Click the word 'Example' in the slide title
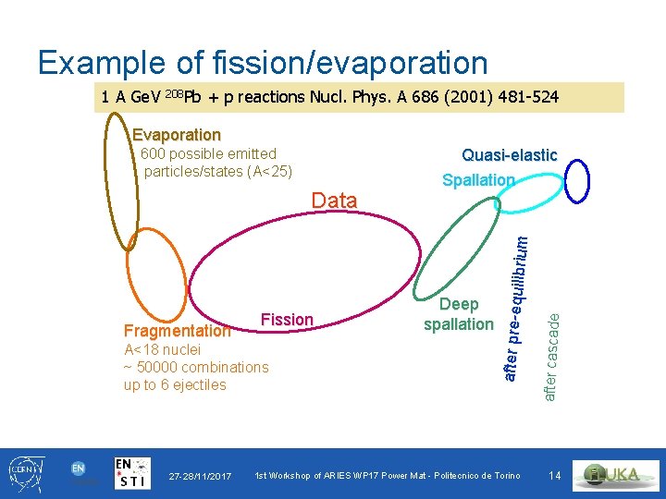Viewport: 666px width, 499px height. point(103,63)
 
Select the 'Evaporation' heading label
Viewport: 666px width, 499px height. point(176,135)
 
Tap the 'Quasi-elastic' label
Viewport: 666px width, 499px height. point(509,155)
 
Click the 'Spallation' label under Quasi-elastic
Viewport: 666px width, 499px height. point(478,180)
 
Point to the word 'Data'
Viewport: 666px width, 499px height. point(335,200)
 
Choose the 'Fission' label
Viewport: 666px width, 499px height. point(287,320)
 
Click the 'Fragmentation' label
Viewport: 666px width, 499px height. point(177,331)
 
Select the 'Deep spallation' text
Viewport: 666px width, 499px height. point(459,314)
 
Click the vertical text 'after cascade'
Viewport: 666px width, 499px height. point(550,357)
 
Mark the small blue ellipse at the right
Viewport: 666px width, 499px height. point(577,181)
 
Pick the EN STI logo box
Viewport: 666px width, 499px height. point(134,473)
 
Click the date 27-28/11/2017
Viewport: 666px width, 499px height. point(201,476)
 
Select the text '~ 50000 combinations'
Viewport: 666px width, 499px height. point(196,367)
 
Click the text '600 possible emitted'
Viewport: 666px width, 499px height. point(208,153)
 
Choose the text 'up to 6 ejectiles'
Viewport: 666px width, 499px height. point(175,384)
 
